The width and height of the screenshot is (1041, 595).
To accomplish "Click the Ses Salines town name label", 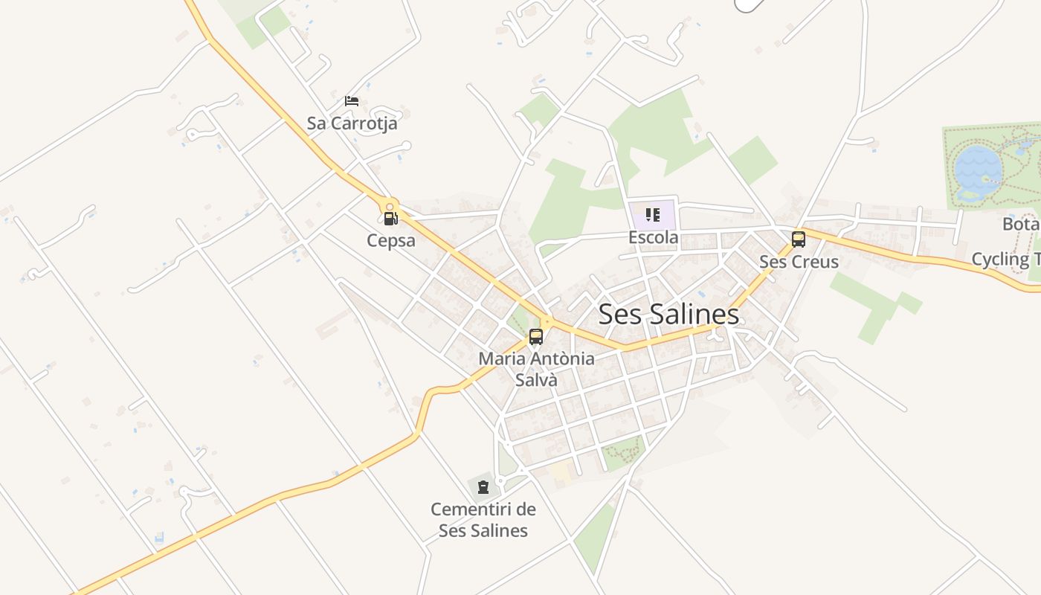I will coord(668,314).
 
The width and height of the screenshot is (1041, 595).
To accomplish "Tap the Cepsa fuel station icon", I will coord(390,219).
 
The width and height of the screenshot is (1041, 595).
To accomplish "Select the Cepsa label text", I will coord(390,240).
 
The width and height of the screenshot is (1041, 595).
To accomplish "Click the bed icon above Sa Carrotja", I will coord(352,101).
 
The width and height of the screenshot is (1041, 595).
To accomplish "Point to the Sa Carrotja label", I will coord(352,123).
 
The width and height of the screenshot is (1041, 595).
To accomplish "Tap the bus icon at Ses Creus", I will coord(799,239).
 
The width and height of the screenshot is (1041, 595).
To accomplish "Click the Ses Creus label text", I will coord(799,262).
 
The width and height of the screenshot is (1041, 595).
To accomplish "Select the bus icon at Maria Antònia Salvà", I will coord(536,336).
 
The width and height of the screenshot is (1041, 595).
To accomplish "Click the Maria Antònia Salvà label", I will coord(536,368).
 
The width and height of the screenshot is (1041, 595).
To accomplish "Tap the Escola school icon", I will coord(653,216).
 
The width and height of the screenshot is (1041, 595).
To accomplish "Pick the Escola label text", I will coord(653,237).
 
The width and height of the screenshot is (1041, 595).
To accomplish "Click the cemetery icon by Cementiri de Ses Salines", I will coord(483,488).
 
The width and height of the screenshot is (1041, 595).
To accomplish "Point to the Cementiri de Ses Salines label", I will coord(483,520).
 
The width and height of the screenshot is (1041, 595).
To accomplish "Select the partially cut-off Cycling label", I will coord(1005,259).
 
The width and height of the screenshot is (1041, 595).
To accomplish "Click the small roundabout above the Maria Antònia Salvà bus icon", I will coord(547,322).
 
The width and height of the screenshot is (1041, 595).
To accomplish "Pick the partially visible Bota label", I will coord(1020,223).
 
